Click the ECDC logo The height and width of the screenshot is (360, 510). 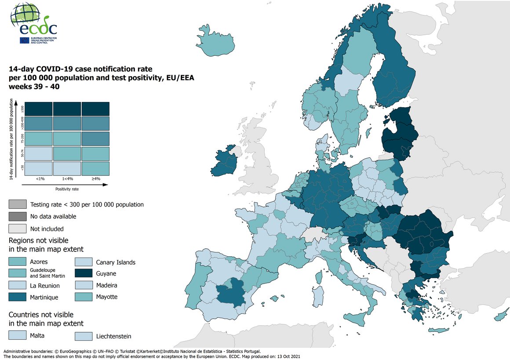(x=33, y=23)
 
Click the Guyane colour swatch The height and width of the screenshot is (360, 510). (x=83, y=273)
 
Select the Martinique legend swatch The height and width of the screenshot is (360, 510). (x=17, y=297)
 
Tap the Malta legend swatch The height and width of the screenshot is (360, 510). (x=17, y=335)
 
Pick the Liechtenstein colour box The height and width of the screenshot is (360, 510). (x=83, y=336)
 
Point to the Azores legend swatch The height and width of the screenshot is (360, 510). (x=17, y=261)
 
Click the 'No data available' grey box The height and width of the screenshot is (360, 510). (x=17, y=216)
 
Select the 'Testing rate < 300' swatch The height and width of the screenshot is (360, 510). (x=17, y=204)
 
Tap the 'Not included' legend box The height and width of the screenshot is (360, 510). (x=17, y=229)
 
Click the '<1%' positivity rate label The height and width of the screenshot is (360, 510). (x=40, y=179)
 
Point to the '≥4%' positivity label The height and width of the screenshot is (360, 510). (x=96, y=179)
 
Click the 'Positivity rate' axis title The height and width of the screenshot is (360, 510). (x=67, y=189)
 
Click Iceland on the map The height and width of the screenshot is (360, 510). (x=215, y=40)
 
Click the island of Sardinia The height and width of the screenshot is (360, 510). (x=317, y=296)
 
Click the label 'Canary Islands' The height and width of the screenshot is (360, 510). (x=116, y=262)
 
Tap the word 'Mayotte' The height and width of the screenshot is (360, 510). (x=107, y=297)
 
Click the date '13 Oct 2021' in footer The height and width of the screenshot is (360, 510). (x=288, y=356)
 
